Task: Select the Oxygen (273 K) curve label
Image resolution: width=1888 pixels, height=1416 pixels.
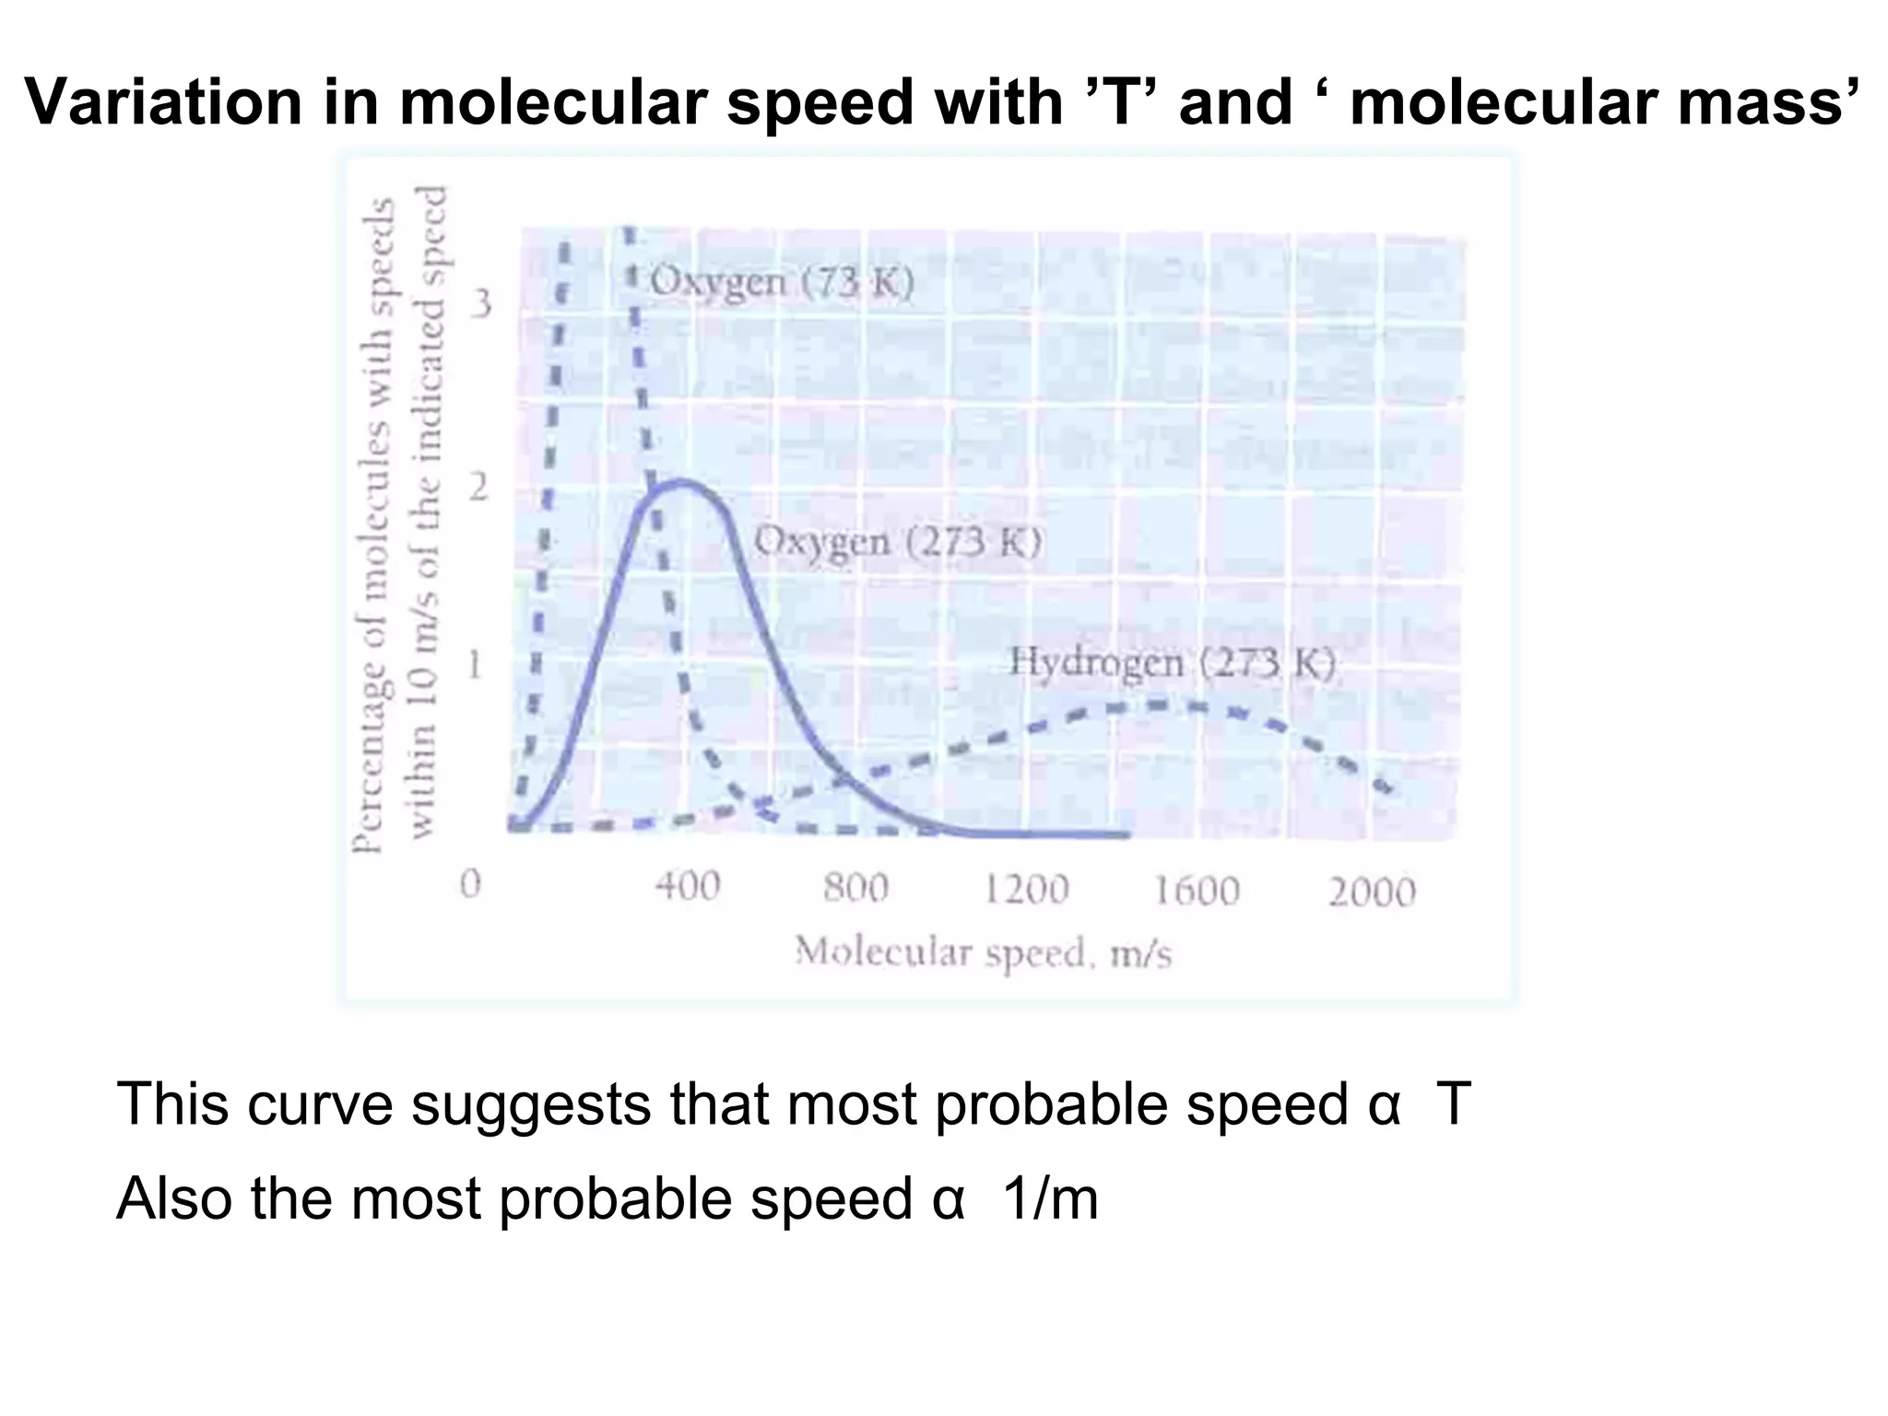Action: [x=898, y=542]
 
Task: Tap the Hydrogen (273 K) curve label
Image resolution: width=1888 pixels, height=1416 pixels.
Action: [x=1172, y=662]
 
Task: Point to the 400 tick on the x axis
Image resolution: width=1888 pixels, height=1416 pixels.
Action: [x=687, y=887]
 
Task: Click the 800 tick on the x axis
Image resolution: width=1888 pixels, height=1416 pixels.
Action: [x=855, y=889]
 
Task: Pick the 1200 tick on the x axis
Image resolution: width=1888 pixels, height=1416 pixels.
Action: [x=1025, y=891]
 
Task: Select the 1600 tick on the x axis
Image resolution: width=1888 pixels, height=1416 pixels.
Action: [x=1197, y=891]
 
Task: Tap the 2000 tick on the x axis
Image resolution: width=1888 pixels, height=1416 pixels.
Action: [x=1371, y=892]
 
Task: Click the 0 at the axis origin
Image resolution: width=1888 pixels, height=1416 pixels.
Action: [x=470, y=885]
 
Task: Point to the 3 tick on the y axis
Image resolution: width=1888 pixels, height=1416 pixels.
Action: [x=480, y=303]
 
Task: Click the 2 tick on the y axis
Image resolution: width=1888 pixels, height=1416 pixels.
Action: [x=478, y=487]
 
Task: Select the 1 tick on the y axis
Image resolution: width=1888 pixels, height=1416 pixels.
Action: [x=474, y=664]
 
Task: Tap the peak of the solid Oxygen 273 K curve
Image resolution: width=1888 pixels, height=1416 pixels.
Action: [x=682, y=481]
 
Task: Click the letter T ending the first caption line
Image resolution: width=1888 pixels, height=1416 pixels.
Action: [x=1451, y=1103]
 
